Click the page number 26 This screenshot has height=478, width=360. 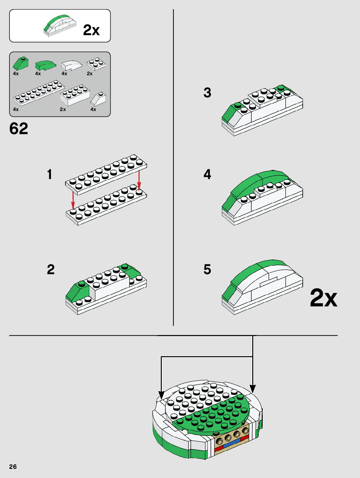(13, 467)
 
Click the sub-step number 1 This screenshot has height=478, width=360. (50, 174)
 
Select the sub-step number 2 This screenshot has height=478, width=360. (51, 269)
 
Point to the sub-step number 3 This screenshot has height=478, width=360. (207, 92)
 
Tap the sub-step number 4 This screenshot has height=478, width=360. (207, 174)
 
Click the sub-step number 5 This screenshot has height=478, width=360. (207, 269)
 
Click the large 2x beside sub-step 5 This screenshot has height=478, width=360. (324, 298)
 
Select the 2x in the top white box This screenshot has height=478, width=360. (91, 30)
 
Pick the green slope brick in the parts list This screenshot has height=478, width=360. (21, 63)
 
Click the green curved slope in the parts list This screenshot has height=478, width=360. (46, 65)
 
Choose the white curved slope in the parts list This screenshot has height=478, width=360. (72, 65)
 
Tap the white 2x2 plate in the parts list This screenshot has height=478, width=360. (96, 64)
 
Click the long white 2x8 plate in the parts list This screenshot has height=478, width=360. (38, 93)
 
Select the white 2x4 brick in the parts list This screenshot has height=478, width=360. (75, 95)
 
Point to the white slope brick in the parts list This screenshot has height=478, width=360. (98, 99)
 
